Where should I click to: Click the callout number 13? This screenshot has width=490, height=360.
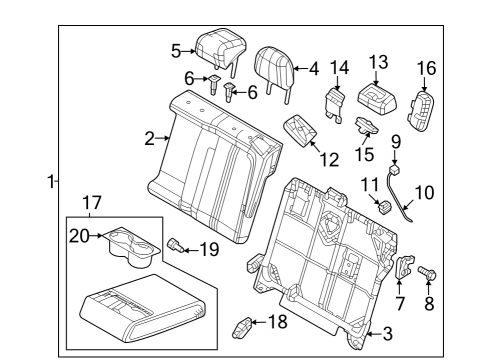(x=379, y=62)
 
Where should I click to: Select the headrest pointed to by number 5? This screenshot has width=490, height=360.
(x=220, y=49)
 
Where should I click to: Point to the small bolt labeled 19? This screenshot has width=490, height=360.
(x=176, y=245)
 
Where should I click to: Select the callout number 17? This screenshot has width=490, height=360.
(x=91, y=203)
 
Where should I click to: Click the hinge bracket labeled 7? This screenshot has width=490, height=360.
(x=404, y=267)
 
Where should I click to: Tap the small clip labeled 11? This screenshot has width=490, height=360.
(x=384, y=206)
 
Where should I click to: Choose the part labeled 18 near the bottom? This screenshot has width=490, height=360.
(x=242, y=328)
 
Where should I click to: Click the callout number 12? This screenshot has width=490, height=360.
(x=329, y=159)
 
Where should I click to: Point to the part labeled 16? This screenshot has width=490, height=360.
(x=421, y=110)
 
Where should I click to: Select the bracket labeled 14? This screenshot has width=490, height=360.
(x=335, y=104)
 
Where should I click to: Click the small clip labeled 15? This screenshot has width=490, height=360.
(x=367, y=126)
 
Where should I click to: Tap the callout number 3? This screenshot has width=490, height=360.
(x=387, y=334)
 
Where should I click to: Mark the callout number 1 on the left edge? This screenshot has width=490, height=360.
(x=51, y=182)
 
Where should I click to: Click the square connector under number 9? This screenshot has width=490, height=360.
(x=395, y=169)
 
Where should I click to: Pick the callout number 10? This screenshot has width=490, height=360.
(x=424, y=193)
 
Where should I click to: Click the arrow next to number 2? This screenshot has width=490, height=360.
(x=164, y=138)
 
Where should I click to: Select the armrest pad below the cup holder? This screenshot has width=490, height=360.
(x=143, y=308)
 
